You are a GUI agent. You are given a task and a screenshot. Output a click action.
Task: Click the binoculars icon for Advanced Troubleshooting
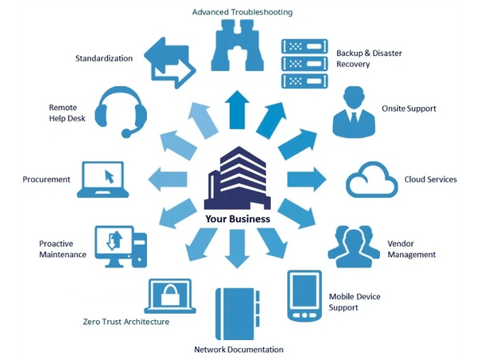237,47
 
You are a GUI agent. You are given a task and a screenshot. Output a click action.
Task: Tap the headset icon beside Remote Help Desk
120,111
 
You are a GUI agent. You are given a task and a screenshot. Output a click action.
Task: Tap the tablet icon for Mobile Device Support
304,296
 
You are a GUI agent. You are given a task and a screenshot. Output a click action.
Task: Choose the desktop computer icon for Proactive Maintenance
119,245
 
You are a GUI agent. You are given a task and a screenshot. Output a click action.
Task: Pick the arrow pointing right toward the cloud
306,178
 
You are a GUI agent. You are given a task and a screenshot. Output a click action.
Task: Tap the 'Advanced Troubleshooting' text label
243,12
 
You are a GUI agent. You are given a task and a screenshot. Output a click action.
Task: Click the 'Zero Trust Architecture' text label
125,322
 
